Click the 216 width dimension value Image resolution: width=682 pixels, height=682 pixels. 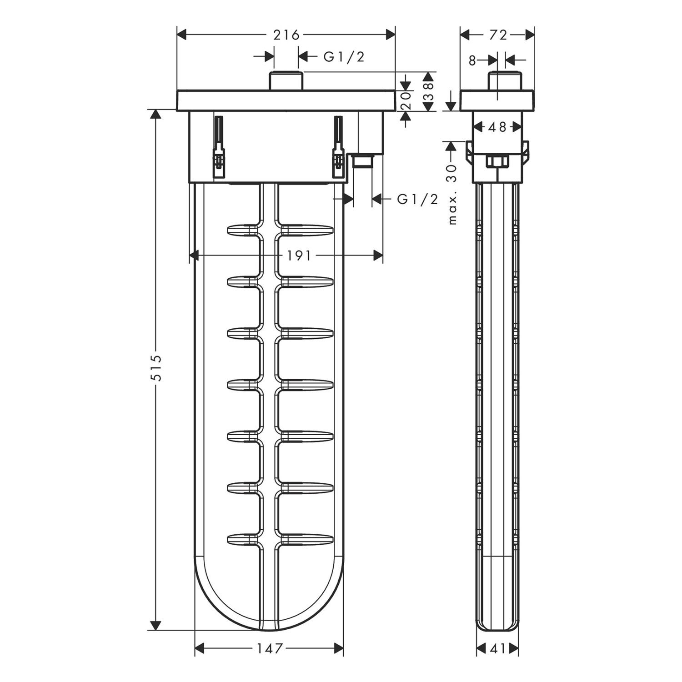tap(286, 35)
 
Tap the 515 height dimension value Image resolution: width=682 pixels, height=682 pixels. tap(156, 368)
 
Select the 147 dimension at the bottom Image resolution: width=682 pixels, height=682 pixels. tap(269, 648)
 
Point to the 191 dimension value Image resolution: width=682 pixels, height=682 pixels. tap(299, 256)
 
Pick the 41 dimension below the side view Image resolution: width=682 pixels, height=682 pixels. tap(498, 649)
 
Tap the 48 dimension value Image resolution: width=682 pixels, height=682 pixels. tap(497, 127)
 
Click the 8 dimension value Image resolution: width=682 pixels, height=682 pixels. tap(472, 60)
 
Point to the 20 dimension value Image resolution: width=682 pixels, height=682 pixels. tap(406, 100)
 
